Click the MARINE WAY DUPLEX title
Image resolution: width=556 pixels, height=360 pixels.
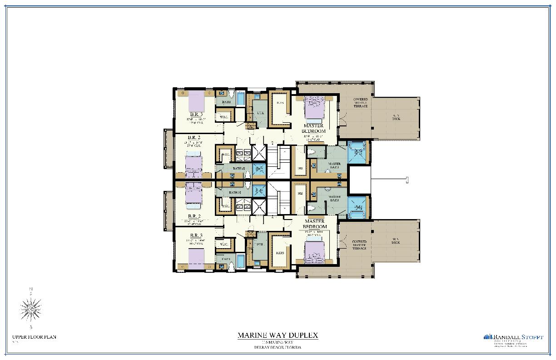(278, 335)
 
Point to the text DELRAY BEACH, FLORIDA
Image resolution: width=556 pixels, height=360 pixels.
(278, 348)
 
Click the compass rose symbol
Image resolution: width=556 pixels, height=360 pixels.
(31, 309)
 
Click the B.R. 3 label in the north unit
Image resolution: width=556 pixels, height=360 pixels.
(196, 114)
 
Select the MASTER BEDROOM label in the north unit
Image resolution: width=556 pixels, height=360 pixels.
(314, 128)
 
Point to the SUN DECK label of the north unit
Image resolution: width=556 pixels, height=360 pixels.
(396, 117)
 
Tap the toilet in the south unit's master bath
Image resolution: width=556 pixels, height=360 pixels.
(311, 209)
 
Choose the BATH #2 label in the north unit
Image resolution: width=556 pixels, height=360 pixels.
(239, 169)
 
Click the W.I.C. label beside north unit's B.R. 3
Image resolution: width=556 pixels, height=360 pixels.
(223, 117)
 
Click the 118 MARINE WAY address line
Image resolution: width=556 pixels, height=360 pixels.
(278, 342)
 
